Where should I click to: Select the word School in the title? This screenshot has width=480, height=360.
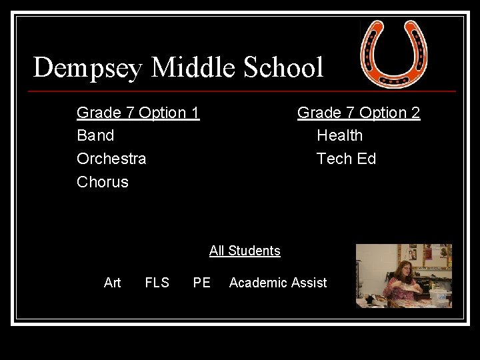tap(285, 68)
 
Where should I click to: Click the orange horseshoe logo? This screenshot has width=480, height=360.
tap(393, 53)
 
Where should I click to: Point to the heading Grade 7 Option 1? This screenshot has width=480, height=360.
tap(138, 113)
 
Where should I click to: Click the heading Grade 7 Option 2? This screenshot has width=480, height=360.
tap(359, 113)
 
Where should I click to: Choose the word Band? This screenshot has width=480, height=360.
tap(95, 135)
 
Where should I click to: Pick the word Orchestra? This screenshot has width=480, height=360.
tap(111, 159)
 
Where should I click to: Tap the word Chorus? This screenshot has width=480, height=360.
tap(103, 182)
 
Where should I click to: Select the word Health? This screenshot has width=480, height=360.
tap(339, 135)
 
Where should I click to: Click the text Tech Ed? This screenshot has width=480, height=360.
tap(346, 159)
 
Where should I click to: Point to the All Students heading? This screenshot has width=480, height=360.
tap(245, 251)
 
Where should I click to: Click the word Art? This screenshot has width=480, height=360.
tap(113, 283)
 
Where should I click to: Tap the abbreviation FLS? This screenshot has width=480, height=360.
tap(157, 283)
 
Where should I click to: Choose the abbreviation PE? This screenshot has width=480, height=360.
tap(201, 283)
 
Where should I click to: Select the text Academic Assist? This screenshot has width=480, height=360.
tap(278, 283)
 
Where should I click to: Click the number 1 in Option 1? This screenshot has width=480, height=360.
tap(195, 113)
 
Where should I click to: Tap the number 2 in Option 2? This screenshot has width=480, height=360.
tap(415, 113)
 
